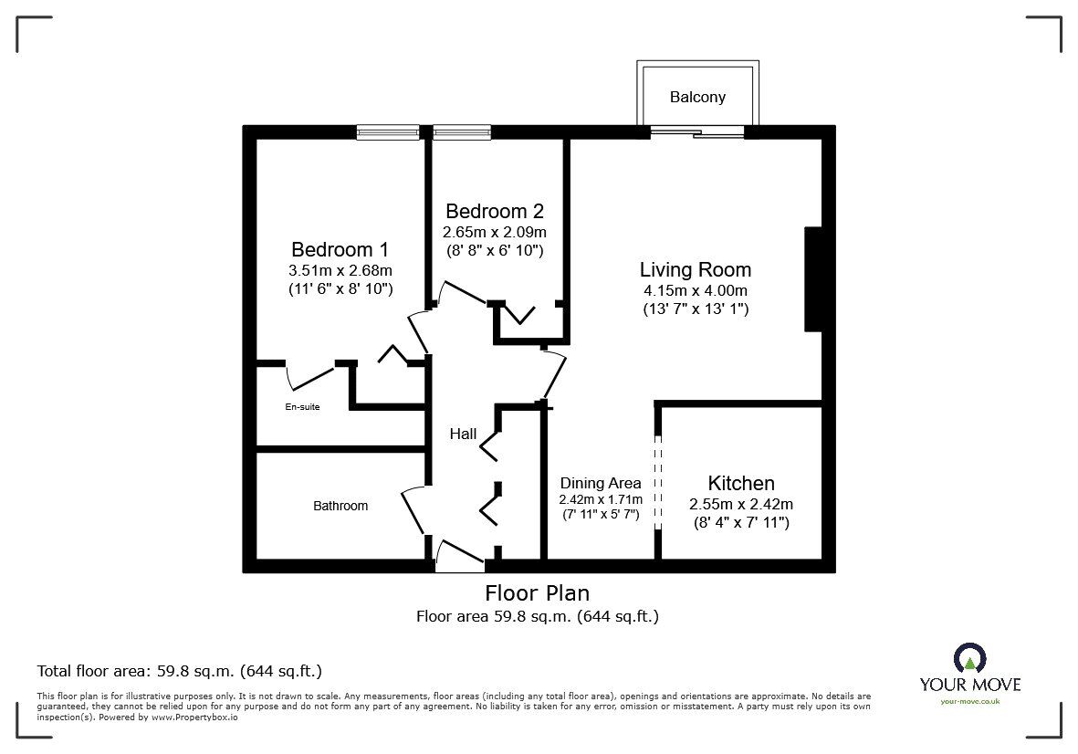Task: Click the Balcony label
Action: coord(697,97)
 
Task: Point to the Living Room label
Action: coord(696,269)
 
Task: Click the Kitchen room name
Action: coord(741,483)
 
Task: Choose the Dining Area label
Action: coord(601,483)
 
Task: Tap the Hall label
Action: coord(463,434)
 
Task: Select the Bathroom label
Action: coord(340,506)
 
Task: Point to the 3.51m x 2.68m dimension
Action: coord(340,270)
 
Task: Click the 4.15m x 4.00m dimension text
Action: coord(696,290)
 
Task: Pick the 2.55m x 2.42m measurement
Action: coord(741,504)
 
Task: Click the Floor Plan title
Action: coord(538,594)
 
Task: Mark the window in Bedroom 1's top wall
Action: coord(388,132)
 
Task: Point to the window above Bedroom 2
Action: coord(461,132)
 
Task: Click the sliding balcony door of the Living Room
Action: coord(697,132)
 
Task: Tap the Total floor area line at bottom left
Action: coord(179,671)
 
